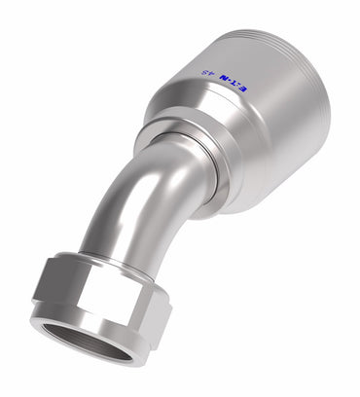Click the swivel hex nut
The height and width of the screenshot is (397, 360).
[97, 307]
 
